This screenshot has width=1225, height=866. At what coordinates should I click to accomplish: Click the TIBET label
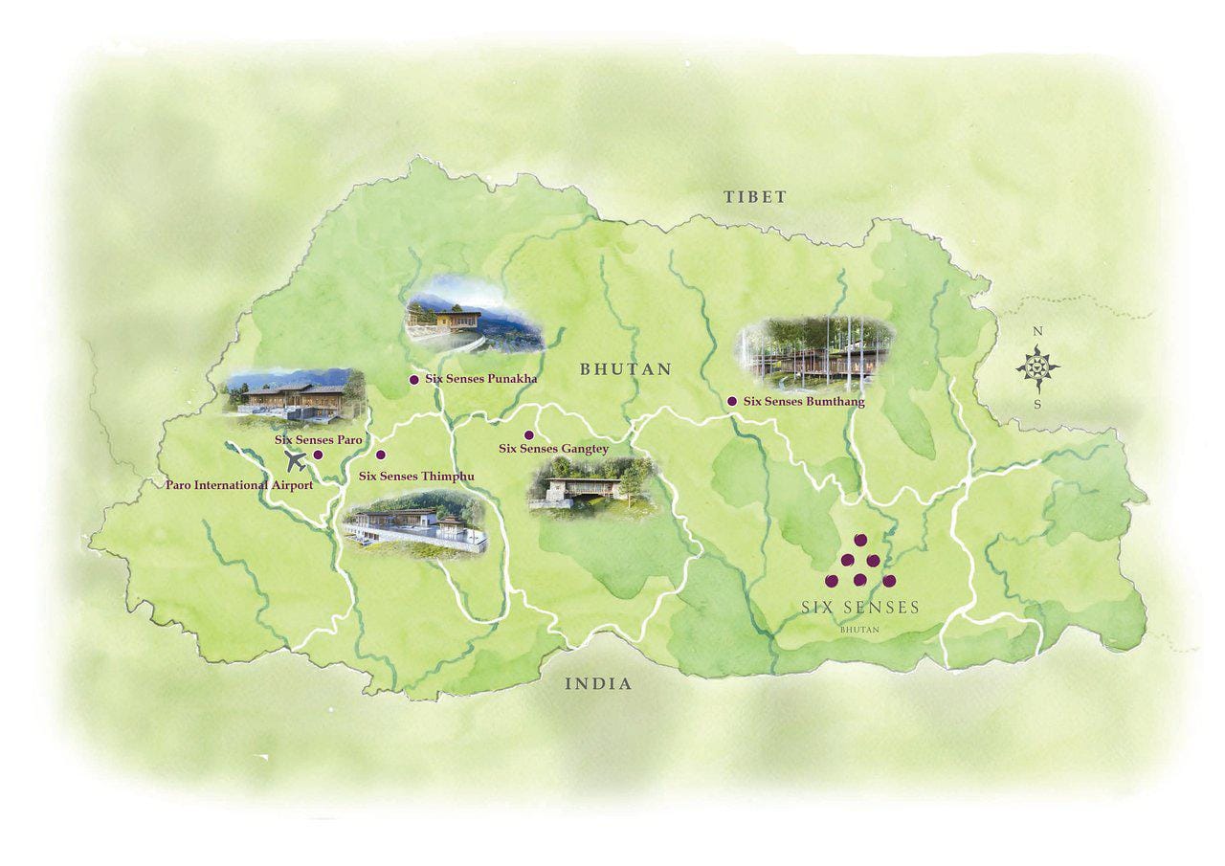click(754, 197)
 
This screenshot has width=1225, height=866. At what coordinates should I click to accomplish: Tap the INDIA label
click(598, 683)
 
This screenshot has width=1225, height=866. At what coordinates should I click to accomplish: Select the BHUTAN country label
click(626, 368)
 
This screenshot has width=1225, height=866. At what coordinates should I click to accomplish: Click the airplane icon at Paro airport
click(297, 461)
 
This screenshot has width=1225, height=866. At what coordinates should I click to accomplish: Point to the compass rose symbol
click(1037, 367)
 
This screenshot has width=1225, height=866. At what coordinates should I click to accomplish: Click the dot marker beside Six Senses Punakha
click(413, 380)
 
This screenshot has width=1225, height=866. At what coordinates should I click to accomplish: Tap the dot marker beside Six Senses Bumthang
click(732, 402)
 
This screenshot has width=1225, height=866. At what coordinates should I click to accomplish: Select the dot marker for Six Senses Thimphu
click(381, 455)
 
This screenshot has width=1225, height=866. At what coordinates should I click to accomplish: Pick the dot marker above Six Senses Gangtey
click(528, 435)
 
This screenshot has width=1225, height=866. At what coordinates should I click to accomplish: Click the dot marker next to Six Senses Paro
click(318, 455)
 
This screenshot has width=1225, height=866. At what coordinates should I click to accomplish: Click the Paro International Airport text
click(239, 485)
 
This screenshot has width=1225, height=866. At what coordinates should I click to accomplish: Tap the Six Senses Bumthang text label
click(804, 402)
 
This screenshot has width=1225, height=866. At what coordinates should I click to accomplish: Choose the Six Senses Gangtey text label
click(553, 448)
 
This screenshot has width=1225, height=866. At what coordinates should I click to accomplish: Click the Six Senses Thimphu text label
click(416, 476)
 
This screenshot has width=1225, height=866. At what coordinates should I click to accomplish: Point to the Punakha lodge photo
click(473, 316)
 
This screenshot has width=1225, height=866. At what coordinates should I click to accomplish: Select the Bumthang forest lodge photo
click(815, 349)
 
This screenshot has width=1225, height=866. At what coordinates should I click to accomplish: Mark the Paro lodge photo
click(295, 394)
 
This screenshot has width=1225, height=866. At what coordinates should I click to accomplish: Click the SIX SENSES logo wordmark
click(859, 608)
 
